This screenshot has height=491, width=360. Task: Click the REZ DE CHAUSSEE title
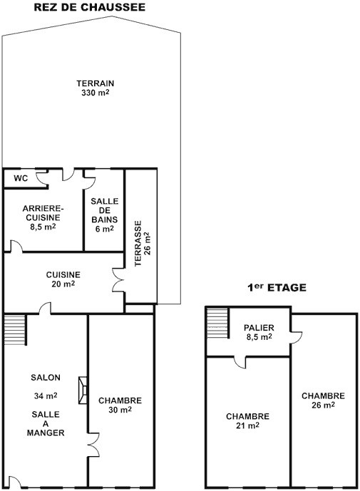tap(90, 7)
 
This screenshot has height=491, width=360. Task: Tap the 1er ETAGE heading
tap(277, 287)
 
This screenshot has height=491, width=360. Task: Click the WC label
tap(21, 178)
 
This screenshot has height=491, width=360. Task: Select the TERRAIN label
tap(96, 83)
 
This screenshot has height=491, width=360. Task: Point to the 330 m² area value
tap(96, 93)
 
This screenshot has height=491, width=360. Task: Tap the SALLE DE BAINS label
tap(105, 210)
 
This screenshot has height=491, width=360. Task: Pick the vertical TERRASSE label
tap(138, 244)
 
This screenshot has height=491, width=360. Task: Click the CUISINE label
tap(63, 274)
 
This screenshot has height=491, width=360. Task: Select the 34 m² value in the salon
tap(46, 396)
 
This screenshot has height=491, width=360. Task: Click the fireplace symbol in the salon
tap(83, 390)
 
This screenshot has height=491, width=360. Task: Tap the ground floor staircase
tap(15, 330)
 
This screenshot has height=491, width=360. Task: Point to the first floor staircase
tap(217, 323)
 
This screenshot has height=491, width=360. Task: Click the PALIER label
tap(259, 328)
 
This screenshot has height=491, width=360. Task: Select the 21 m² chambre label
tap(247, 421)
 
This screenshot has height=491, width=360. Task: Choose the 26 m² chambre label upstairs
tap(323, 400)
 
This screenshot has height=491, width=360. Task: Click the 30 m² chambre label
tap(120, 405)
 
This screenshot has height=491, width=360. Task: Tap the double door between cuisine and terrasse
tap(118, 280)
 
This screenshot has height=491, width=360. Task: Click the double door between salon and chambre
tap(93, 445)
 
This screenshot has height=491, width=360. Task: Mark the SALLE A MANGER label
tap(46, 423)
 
